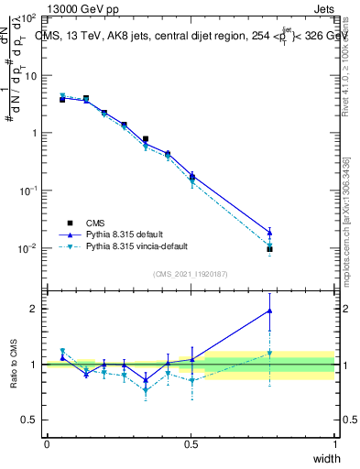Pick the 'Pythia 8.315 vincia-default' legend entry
(138, 247)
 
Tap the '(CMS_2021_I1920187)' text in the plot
(191, 274)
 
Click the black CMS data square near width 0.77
(269, 249)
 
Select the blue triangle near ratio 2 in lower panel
(269, 311)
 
